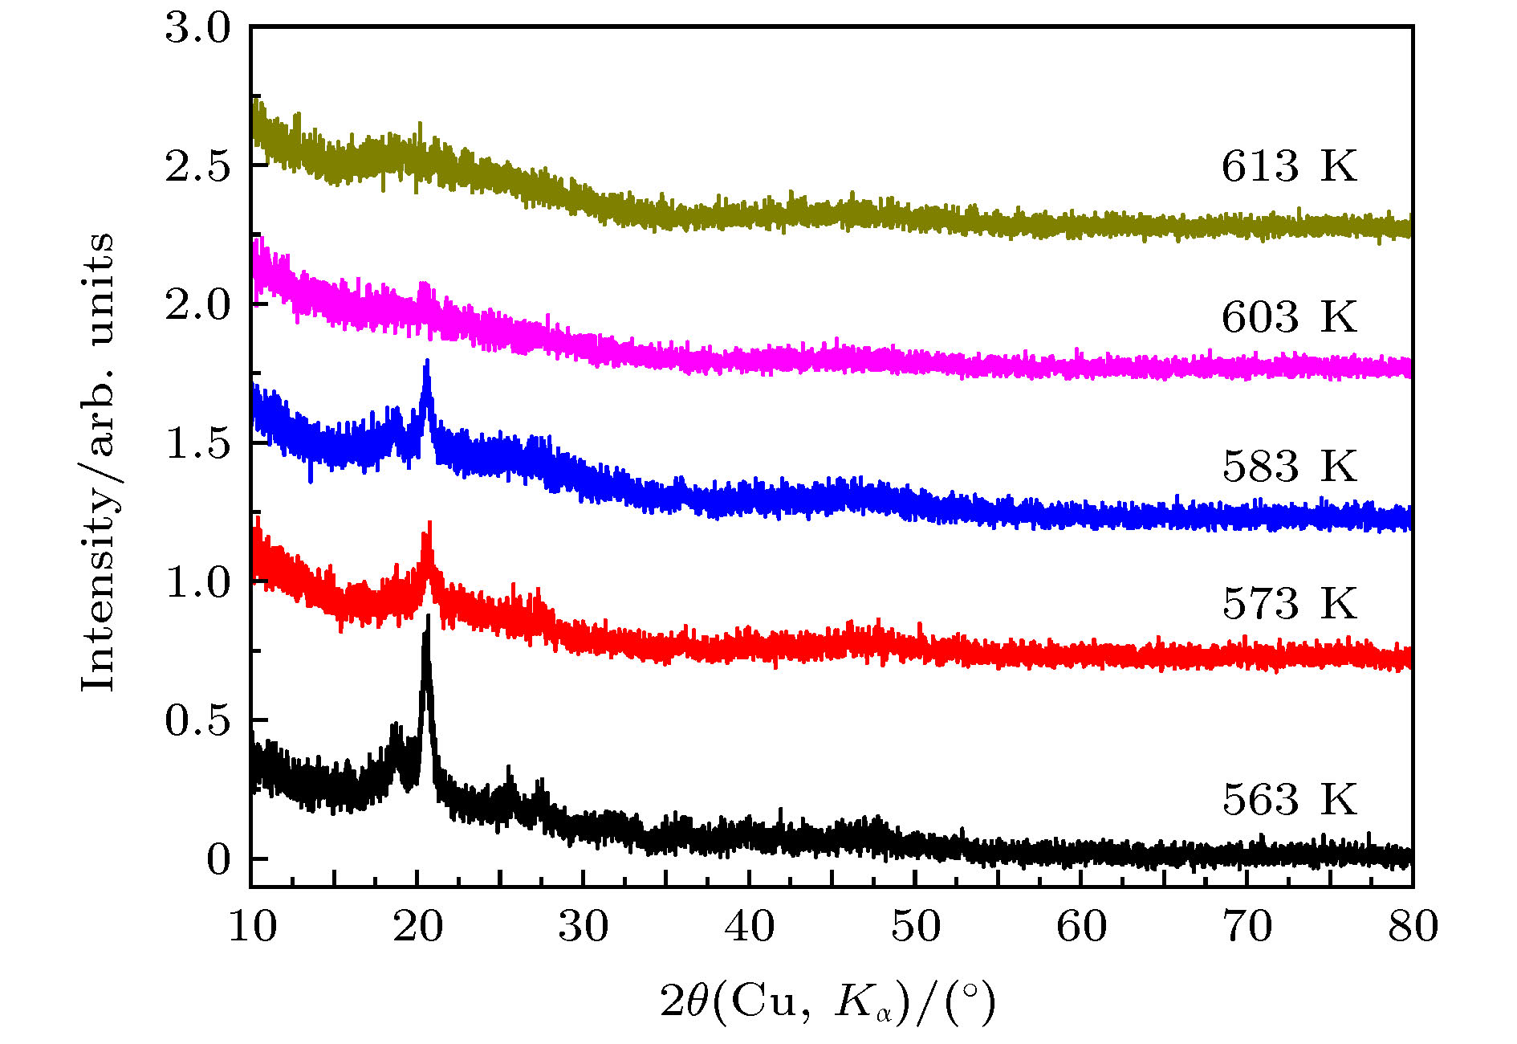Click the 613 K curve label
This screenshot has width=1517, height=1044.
(x=1289, y=166)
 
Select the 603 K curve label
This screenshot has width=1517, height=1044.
(x=1289, y=316)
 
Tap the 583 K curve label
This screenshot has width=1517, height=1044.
(x=1289, y=467)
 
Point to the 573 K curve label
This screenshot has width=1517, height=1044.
(x=1289, y=603)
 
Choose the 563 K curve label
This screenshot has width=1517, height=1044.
(x=1289, y=799)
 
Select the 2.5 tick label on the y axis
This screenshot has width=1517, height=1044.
(x=197, y=166)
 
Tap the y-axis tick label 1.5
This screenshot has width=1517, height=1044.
(x=197, y=443)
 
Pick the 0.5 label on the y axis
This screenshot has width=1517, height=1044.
(x=197, y=720)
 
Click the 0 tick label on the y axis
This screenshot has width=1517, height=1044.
(x=218, y=859)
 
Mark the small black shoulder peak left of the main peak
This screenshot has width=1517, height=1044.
(x=395, y=728)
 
